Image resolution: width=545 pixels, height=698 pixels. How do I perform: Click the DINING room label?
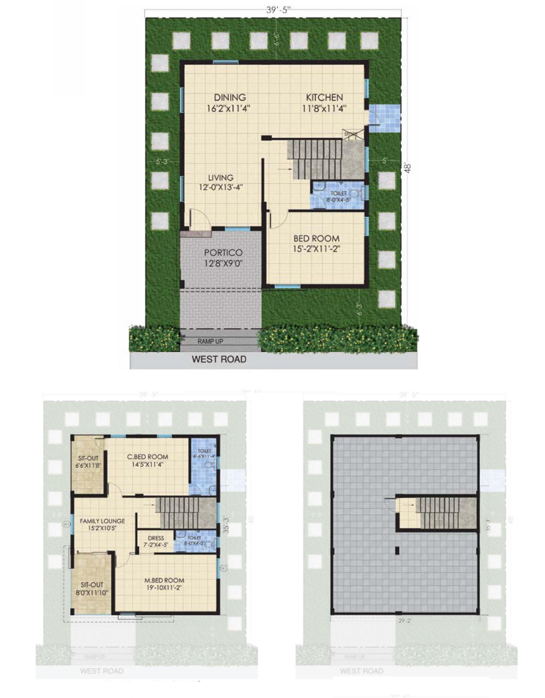[x=230, y=98]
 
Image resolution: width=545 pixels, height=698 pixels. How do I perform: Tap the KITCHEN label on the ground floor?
[x=324, y=98]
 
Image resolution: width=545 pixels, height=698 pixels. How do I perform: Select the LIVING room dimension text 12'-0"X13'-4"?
[x=220, y=187]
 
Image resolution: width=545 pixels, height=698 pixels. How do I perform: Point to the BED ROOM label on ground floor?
[x=316, y=238]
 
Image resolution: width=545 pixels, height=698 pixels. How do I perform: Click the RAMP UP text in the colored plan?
[x=210, y=341]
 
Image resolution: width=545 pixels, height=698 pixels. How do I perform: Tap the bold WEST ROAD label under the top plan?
[x=219, y=359]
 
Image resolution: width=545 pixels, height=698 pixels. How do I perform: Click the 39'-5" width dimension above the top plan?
[x=279, y=10]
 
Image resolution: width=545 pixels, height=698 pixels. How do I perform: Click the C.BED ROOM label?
[x=148, y=457]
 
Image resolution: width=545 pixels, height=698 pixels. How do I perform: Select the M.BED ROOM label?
[x=164, y=580]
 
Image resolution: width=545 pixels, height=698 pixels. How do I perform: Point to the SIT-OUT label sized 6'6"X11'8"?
[x=88, y=459]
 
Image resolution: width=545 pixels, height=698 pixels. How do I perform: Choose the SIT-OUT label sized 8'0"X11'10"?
[x=92, y=585]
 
